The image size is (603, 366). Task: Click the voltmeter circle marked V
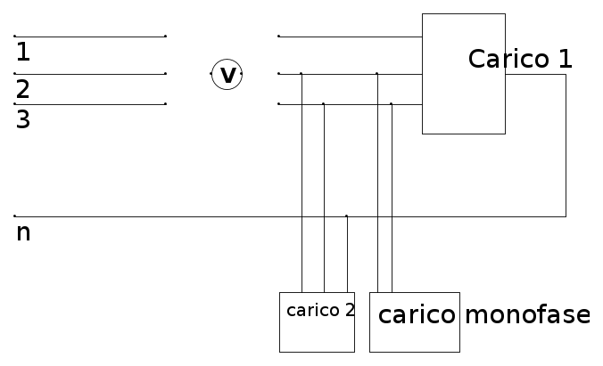pos(227,75)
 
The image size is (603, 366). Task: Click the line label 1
pos(23,53)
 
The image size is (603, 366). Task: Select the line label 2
pos(23,89)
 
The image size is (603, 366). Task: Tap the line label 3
pos(23,119)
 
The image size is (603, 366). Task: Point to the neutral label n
pos(23,233)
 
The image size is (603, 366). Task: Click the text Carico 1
pos(520,59)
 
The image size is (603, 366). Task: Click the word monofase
pos(527,315)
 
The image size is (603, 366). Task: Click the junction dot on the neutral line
pos(346,216)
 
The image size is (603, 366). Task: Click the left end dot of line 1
pos(15,37)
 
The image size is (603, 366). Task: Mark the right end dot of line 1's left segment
pos(165,37)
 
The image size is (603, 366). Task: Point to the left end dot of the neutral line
pos(15,216)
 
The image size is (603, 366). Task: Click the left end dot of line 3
pos(15,104)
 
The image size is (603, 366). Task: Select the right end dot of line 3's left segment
pos(165,104)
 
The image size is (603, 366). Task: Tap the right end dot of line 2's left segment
pos(165,74)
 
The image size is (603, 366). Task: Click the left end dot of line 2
pos(15,74)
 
